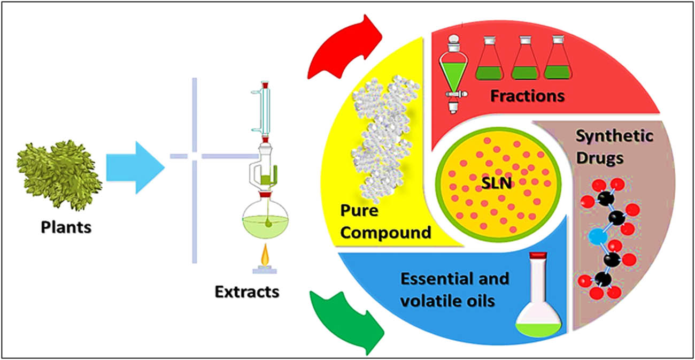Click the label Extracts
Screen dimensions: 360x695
[x=247, y=292]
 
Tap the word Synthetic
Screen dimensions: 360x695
[x=614, y=136]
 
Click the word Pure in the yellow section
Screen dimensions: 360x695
[x=359, y=210]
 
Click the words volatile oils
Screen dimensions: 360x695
[x=447, y=301]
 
